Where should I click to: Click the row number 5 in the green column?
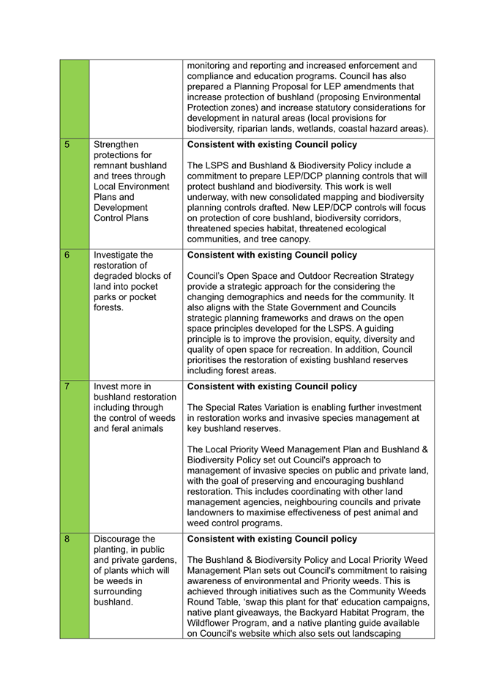(67, 145)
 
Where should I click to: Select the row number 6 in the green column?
(67, 255)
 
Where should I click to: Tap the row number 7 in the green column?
(67, 386)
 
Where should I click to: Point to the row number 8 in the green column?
(67, 539)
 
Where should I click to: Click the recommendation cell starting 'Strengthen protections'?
(132, 181)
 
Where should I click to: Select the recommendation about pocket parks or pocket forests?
(132, 281)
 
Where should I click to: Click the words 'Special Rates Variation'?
(263, 407)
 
